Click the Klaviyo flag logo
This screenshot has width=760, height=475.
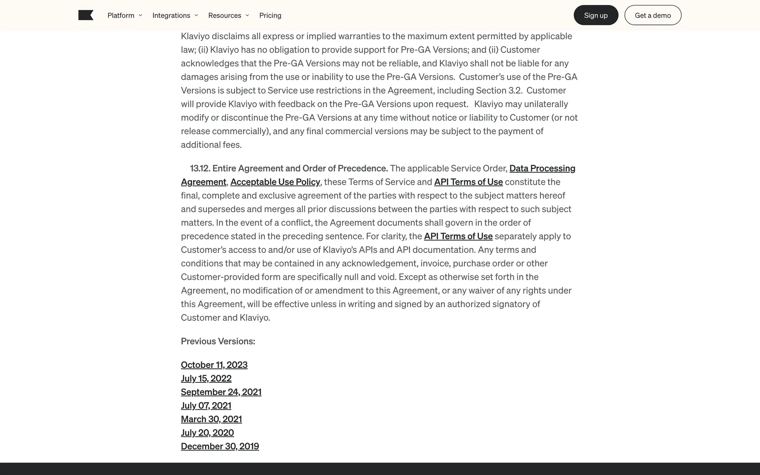click(x=85, y=15)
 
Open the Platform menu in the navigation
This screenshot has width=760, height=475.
click(x=124, y=15)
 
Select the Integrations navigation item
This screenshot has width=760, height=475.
click(x=175, y=15)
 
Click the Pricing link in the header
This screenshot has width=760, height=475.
click(x=270, y=15)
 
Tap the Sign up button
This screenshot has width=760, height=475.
click(x=596, y=15)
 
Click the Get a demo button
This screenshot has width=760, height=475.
click(x=653, y=15)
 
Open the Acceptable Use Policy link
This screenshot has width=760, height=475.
click(x=275, y=182)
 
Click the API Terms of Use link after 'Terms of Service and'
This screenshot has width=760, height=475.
click(x=468, y=182)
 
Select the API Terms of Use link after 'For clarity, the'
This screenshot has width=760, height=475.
click(x=458, y=236)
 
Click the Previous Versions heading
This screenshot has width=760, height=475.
click(x=218, y=341)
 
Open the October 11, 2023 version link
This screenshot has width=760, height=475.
click(x=214, y=365)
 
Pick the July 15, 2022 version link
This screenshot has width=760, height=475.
click(x=206, y=378)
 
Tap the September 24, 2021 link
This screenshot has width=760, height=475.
click(x=221, y=392)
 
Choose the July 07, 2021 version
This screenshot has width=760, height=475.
click(x=206, y=405)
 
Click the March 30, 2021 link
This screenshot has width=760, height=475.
click(x=211, y=419)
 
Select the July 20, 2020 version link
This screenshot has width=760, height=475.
click(x=207, y=433)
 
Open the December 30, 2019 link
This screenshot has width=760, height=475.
click(x=220, y=446)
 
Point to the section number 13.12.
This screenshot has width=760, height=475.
click(x=199, y=168)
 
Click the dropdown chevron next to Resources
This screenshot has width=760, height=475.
click(x=247, y=15)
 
